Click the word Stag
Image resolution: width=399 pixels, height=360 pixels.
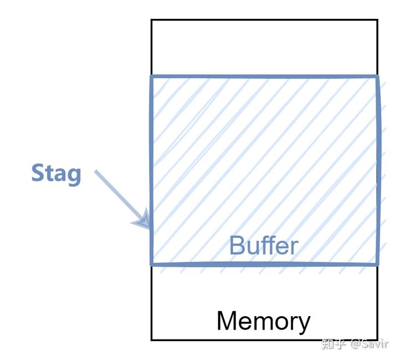[x=56, y=174]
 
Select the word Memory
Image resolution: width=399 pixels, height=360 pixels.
[x=263, y=321]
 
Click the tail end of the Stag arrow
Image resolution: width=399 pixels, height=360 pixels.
[x=96, y=171]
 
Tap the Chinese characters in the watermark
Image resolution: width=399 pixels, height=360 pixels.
[x=334, y=344]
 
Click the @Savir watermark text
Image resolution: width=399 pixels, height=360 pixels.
[x=370, y=344]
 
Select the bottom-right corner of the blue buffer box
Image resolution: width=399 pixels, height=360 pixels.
[x=378, y=263]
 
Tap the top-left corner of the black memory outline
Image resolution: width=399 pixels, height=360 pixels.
[x=152, y=21]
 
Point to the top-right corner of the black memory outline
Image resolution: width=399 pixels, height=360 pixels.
[x=377, y=21]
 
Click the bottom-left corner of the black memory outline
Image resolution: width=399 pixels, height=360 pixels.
[x=152, y=339]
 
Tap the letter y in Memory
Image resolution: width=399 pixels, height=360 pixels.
[x=304, y=324]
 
